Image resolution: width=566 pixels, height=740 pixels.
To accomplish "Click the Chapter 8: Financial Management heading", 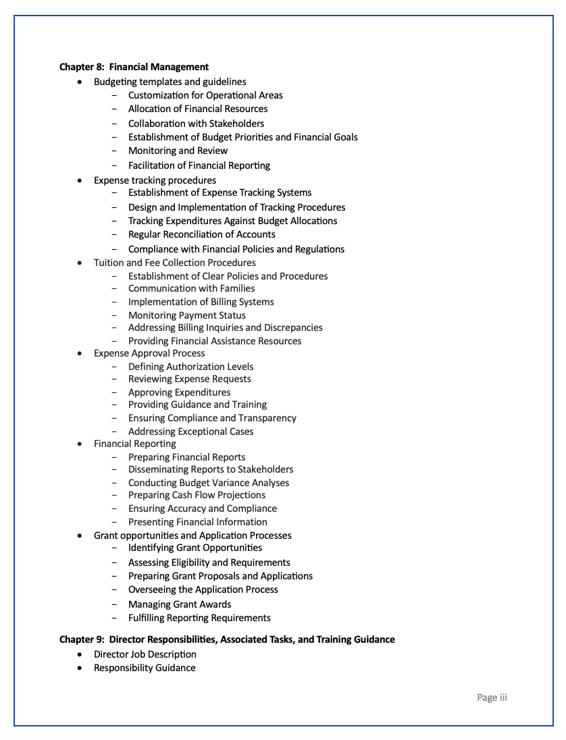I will coord(134,67).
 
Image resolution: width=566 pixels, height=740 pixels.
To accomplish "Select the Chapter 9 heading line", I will coord(227,639).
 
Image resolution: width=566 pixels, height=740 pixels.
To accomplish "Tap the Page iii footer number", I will coord(491,697).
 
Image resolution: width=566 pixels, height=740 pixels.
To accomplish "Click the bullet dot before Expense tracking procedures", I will coord(80,181).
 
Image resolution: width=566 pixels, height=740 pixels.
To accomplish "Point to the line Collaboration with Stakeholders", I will coord(196,124).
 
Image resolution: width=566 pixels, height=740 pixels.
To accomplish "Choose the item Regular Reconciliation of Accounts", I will coord(201,234).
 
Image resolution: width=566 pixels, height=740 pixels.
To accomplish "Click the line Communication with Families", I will coord(191,288).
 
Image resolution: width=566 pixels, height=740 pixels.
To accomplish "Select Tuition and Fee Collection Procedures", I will coord(174,263).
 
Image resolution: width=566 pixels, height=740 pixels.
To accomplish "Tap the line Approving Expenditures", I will coord(179,392).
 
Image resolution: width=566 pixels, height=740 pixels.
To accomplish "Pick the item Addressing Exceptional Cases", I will coord(190,431).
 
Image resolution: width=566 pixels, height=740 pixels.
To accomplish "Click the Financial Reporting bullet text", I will coord(134,444).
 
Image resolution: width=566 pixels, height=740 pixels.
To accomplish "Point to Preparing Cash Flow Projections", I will coord(197,495).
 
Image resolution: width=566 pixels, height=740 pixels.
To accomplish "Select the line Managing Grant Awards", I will coord(180,604).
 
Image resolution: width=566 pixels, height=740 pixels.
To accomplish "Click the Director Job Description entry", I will coord(145,654).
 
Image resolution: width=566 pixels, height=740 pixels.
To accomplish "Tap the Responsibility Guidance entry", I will coord(145,668).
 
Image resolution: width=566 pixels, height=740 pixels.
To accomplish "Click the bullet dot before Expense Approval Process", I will coord(80,354).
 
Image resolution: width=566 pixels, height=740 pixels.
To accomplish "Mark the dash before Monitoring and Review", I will coord(114,151).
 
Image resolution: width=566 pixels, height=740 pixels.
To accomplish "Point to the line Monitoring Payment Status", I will coord(186,315).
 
